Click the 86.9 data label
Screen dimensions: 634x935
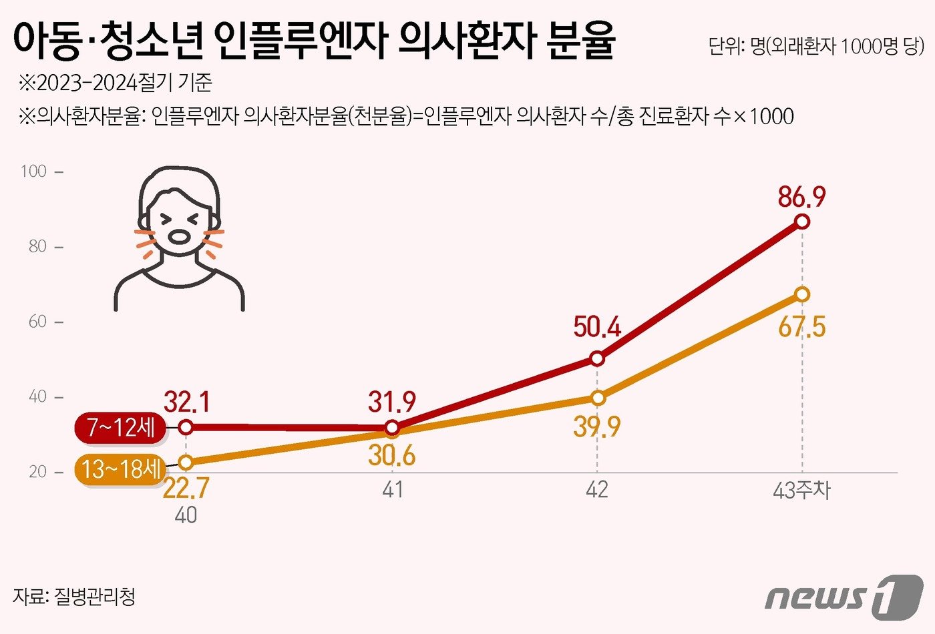pos(801,198)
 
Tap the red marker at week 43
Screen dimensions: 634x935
pos(802,222)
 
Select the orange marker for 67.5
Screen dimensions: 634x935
pos(802,294)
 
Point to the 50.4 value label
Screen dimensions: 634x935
pos(597,328)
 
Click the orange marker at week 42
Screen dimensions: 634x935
pos(598,398)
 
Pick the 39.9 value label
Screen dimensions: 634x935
pos(597,426)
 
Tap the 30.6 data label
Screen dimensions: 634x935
pos(392,456)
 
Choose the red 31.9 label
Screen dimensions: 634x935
pos(392,402)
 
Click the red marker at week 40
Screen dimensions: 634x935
pos(186,427)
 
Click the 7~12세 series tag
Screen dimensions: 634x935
pos(120,427)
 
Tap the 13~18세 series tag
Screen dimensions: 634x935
pos(120,468)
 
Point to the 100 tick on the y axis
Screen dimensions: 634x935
pos(34,172)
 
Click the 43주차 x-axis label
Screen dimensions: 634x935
pos(801,491)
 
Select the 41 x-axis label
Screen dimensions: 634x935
pos(393,491)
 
